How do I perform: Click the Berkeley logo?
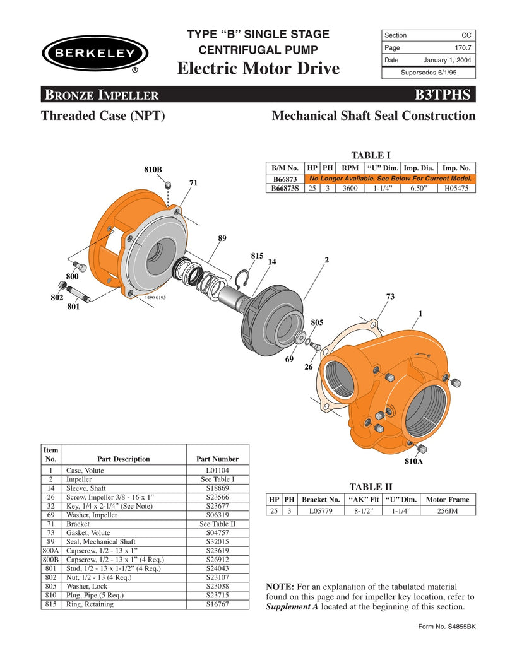click(x=95, y=53)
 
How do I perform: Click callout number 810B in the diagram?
click(x=153, y=170)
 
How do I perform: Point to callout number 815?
click(x=257, y=256)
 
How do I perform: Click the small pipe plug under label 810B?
click(x=169, y=185)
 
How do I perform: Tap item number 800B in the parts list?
click(x=50, y=559)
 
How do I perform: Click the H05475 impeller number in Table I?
click(x=456, y=188)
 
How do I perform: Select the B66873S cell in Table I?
click(x=285, y=188)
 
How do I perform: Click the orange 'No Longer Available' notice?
click(x=390, y=179)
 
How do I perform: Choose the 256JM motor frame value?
click(x=447, y=511)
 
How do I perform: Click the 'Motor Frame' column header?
click(x=447, y=499)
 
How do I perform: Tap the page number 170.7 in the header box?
click(x=464, y=47)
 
